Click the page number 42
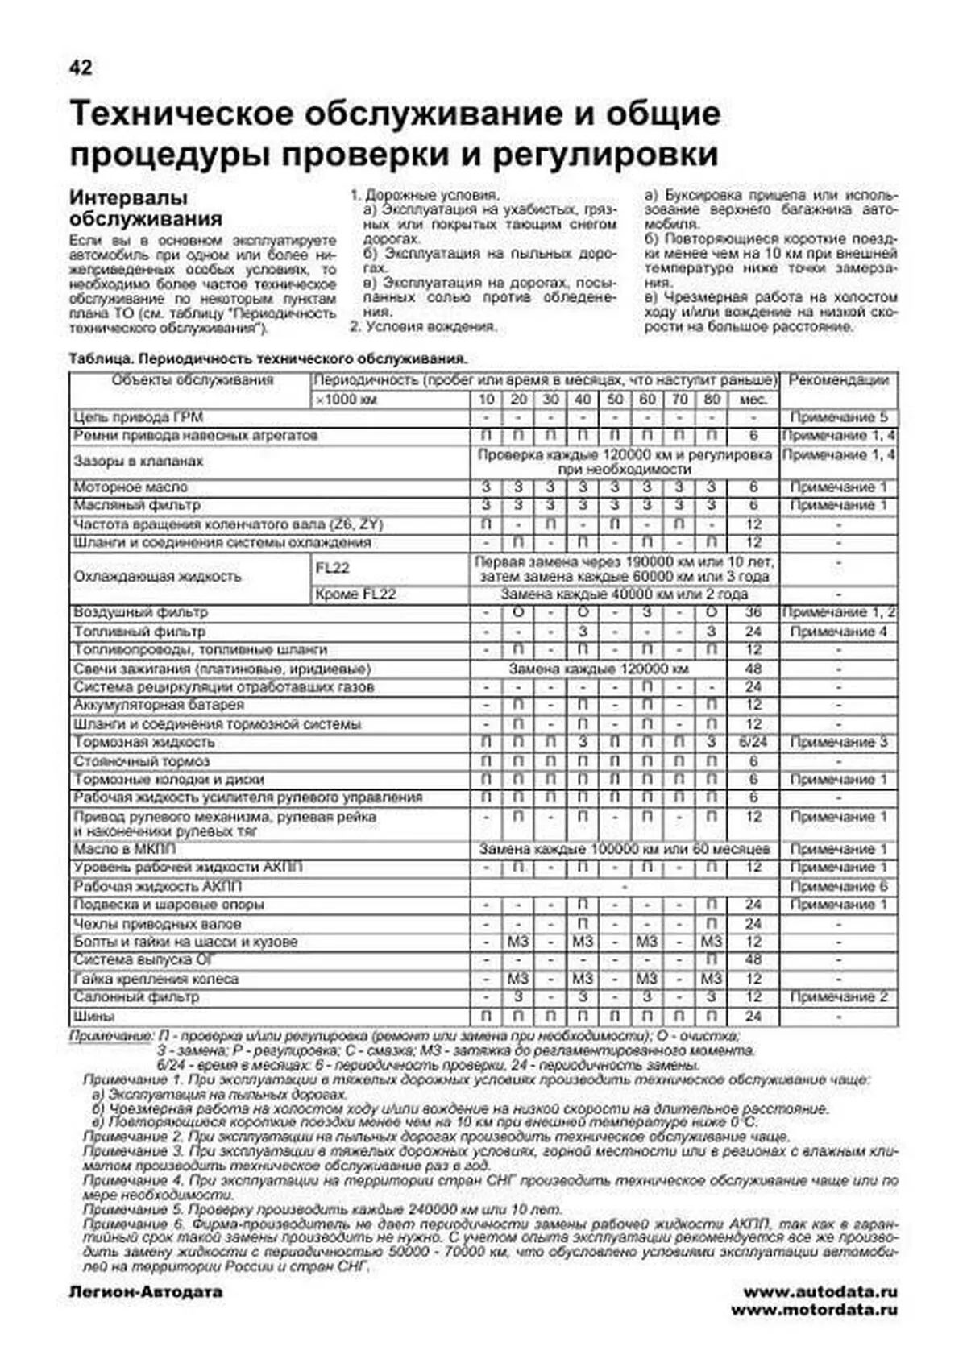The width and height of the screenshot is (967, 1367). [81, 68]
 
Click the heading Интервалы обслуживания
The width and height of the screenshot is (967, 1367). [145, 208]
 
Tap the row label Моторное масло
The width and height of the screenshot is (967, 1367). [130, 487]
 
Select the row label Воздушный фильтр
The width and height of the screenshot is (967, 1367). [140, 613]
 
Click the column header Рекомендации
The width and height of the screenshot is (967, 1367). [838, 380]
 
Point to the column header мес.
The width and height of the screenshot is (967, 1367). [753, 400]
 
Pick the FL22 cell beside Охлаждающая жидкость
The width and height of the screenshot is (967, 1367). [332, 568]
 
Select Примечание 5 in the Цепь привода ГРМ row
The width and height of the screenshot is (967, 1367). [838, 417]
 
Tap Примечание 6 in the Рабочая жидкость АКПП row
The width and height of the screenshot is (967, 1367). [838, 886]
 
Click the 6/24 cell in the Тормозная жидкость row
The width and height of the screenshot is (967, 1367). [753, 742]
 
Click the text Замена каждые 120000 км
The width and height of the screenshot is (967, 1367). [598, 669]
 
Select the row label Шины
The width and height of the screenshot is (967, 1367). [93, 1017]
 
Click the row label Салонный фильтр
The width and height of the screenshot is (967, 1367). [135, 997]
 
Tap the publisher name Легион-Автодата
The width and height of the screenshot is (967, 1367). [146, 1292]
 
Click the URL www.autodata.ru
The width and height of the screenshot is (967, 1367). [820, 1292]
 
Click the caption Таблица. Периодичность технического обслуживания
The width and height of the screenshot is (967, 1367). [268, 359]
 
